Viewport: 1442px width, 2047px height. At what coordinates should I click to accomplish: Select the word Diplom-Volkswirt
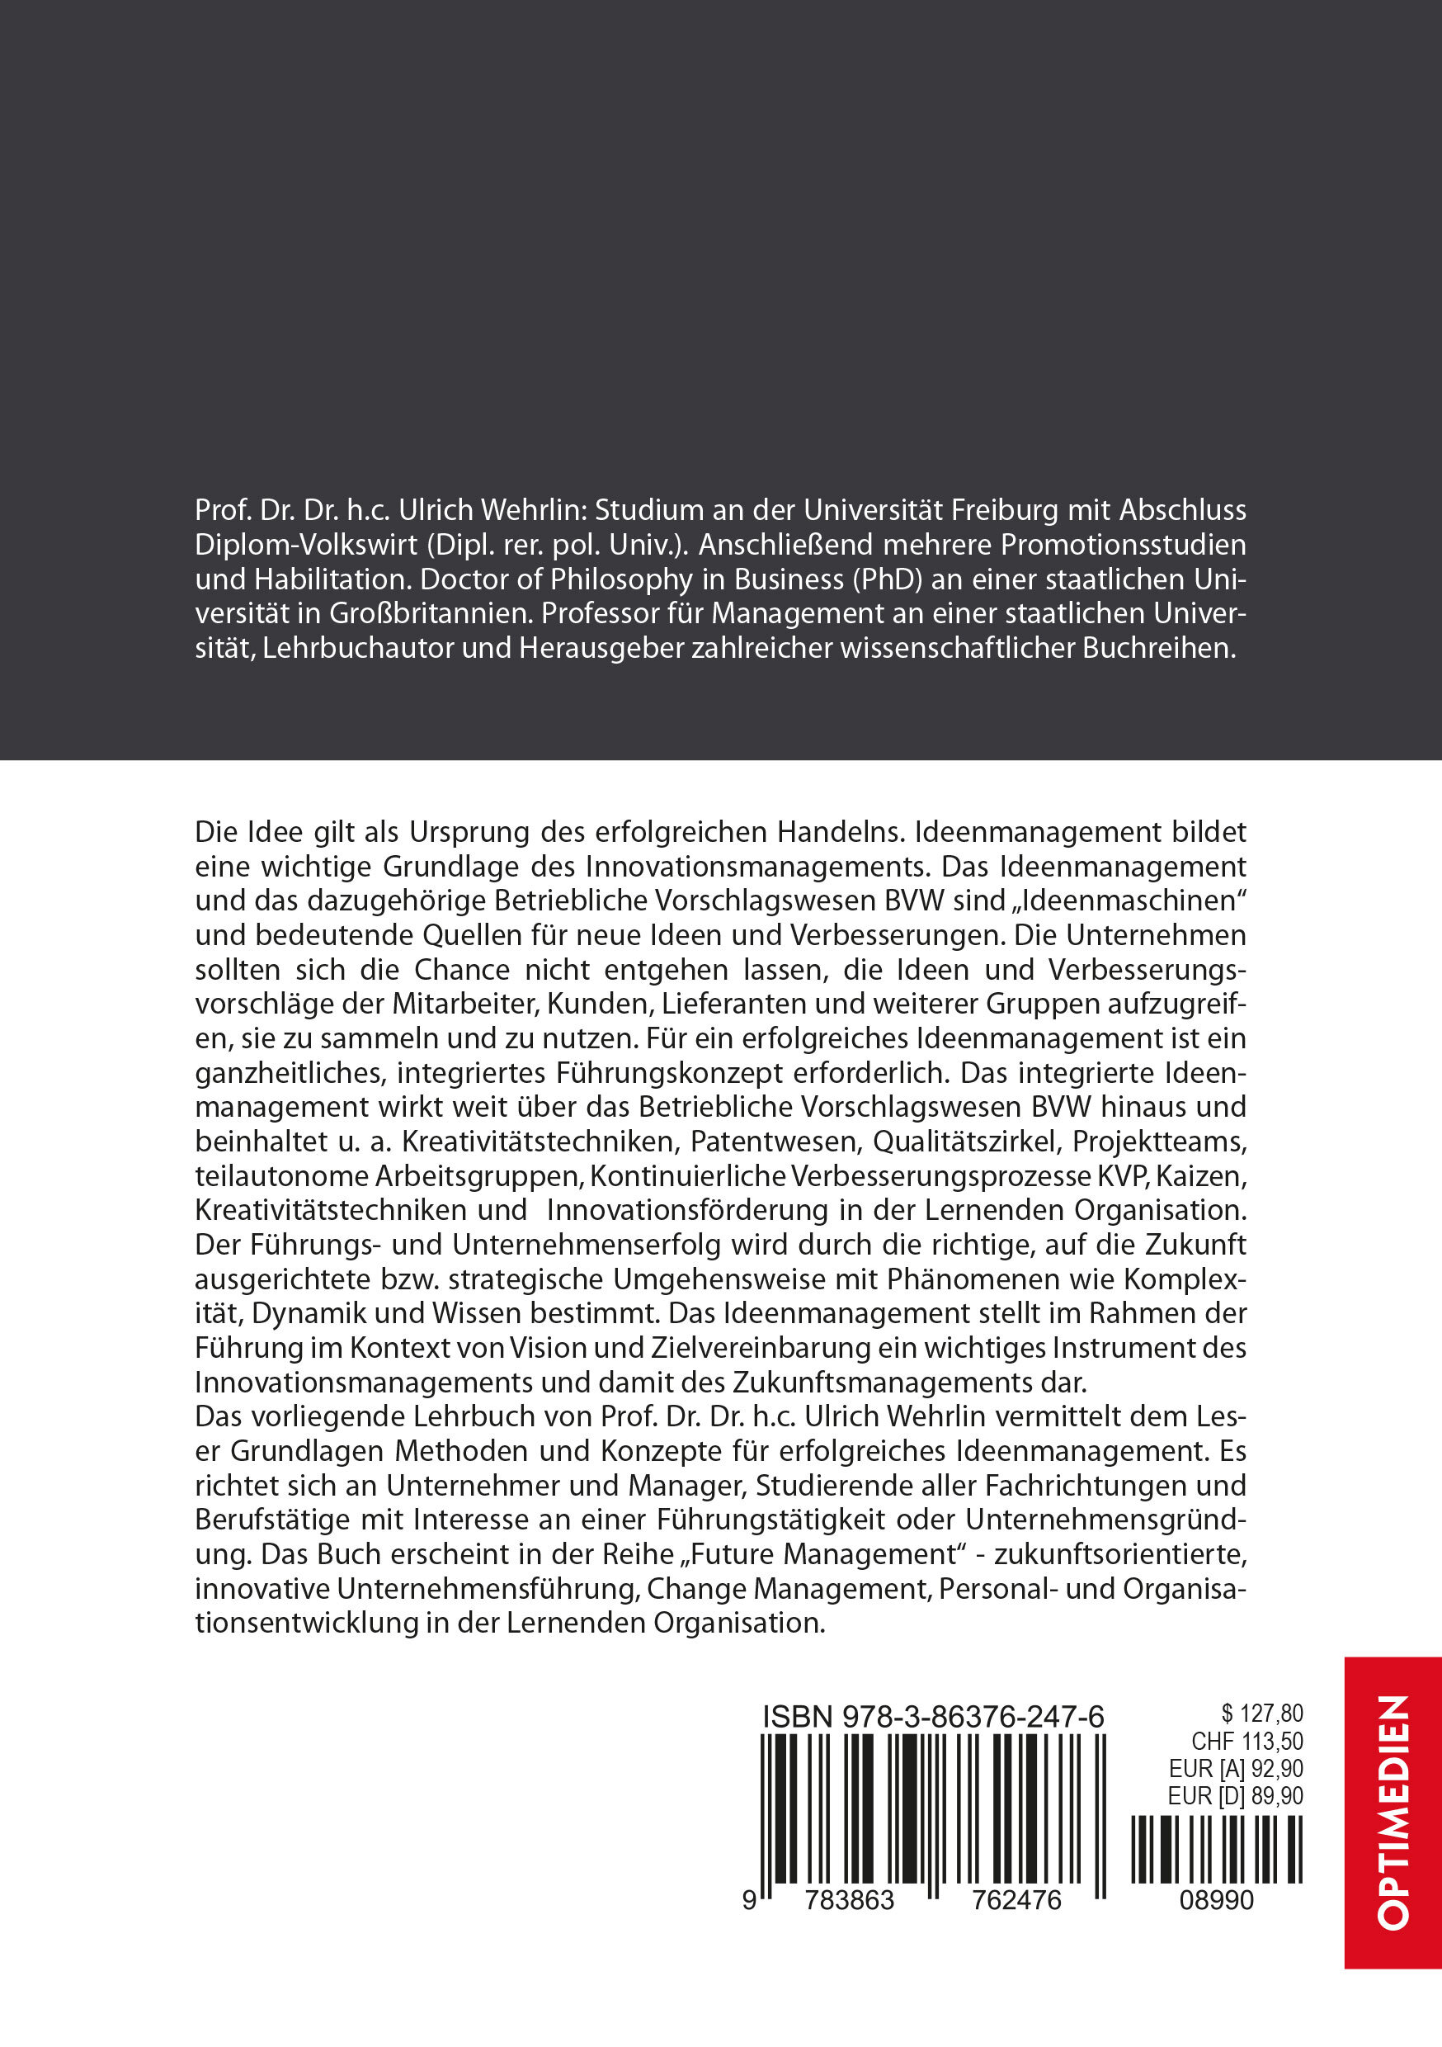307,545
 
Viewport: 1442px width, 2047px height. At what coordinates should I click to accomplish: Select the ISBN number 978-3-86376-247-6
972,1716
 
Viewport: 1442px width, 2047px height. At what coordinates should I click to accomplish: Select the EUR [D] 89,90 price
1235,1795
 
